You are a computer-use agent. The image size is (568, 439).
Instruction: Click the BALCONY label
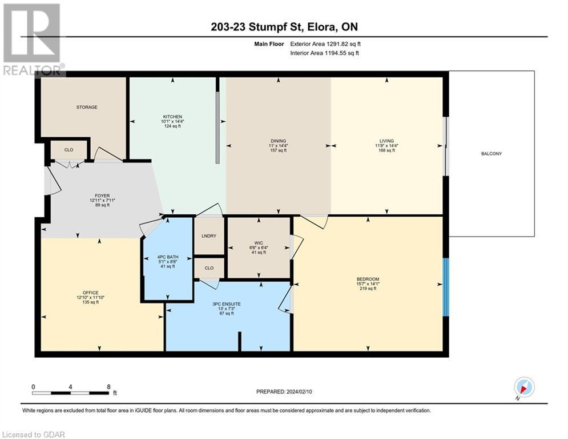click(491, 153)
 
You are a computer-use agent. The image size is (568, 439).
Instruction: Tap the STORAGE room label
click(87, 107)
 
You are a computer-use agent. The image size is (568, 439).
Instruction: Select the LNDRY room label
click(209, 236)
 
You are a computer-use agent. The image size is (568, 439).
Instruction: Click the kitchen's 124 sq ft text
click(172, 126)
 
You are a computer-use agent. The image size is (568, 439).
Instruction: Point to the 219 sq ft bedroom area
click(368, 289)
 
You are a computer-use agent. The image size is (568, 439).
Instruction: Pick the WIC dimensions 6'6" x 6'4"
click(259, 248)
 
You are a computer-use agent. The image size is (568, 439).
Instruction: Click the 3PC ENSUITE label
click(227, 304)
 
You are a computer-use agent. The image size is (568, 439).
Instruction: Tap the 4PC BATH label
click(168, 257)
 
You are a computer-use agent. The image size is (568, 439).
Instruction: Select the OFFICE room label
click(91, 293)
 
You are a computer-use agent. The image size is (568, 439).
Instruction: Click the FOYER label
click(103, 195)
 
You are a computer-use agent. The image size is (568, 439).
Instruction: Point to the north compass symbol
click(523, 387)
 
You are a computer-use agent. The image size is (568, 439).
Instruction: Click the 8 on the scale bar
click(108, 387)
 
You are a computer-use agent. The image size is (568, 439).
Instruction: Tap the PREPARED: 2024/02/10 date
click(284, 392)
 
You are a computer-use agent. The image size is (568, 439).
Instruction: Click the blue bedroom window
click(446, 287)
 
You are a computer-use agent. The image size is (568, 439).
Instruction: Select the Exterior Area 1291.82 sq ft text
click(325, 44)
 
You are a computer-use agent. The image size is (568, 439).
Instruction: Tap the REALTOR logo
click(33, 39)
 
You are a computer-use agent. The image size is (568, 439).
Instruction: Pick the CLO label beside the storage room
click(69, 150)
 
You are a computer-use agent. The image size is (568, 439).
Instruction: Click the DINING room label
click(278, 141)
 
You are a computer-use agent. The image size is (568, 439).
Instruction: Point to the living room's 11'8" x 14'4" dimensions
click(386, 146)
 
